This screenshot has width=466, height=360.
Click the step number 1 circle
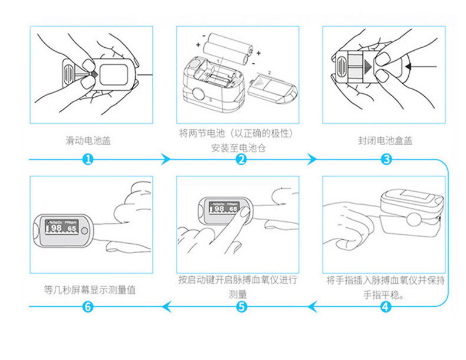(x=87, y=159)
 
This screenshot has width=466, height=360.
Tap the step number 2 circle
(x=241, y=159)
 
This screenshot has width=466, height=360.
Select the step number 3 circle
(x=387, y=159)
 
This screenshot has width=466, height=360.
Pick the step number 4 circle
(x=385, y=306)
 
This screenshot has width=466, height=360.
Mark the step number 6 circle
(x=87, y=306)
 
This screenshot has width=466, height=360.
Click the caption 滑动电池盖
(x=88, y=141)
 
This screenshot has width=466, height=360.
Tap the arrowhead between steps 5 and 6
(x=166, y=306)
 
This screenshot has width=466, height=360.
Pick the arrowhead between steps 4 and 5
(x=313, y=306)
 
